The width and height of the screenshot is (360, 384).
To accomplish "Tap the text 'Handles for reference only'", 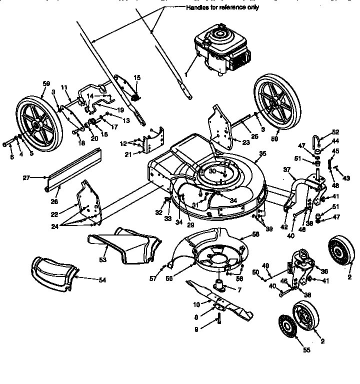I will click(x=222, y=8).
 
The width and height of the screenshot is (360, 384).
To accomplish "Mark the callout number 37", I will click(x=286, y=170).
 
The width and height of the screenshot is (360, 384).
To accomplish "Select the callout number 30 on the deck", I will click(x=212, y=171).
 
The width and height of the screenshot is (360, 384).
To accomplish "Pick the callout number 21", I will click(x=127, y=154).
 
